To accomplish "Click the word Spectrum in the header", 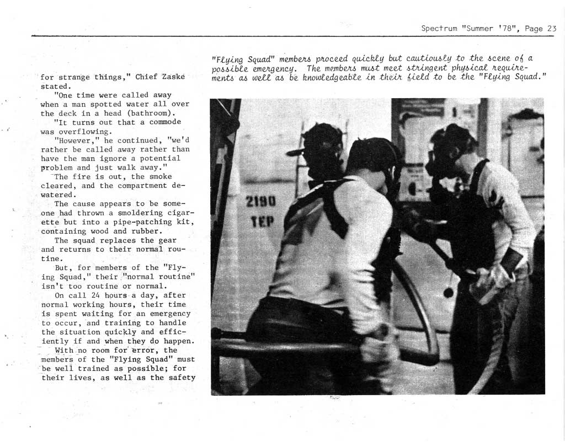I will coord(439,29).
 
